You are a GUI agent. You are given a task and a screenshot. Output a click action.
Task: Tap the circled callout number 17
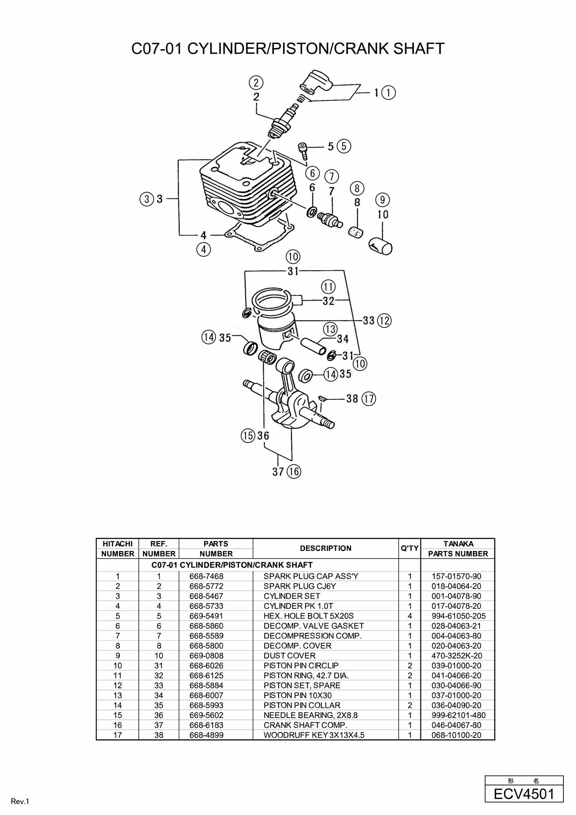click(369, 399)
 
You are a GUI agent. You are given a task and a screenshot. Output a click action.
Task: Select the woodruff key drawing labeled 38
click(321, 398)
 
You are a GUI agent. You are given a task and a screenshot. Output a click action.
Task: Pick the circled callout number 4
click(204, 249)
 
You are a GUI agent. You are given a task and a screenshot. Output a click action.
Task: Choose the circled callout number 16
click(293, 471)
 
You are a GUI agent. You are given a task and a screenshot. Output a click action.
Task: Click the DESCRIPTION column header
click(325, 548)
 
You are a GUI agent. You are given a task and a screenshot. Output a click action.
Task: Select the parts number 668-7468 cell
click(207, 576)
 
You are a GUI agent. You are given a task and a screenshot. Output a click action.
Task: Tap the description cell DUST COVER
click(289, 656)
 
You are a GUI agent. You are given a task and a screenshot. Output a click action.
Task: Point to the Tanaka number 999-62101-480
click(458, 715)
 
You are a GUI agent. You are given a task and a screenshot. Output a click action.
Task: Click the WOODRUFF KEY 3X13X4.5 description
click(314, 735)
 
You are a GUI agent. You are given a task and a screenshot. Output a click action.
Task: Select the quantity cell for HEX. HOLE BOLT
click(410, 616)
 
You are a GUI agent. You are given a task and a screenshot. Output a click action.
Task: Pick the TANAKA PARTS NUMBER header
click(458, 548)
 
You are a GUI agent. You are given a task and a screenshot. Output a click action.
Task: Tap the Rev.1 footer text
click(20, 802)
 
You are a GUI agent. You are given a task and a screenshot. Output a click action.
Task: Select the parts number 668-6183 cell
click(207, 725)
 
